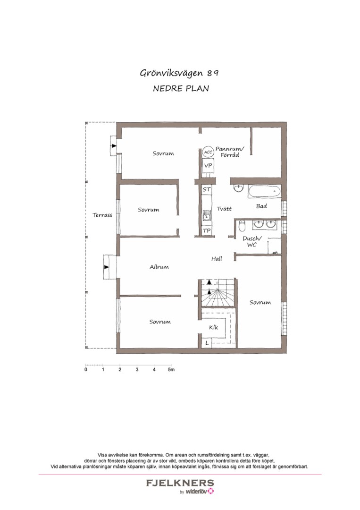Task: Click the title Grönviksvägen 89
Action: point(179,73)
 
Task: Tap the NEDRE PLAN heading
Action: point(181,88)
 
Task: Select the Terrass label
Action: point(102,215)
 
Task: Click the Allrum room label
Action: point(159,267)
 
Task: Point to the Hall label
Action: point(217,259)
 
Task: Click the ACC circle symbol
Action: point(208,153)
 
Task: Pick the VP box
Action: point(208,166)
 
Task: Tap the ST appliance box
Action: point(206,189)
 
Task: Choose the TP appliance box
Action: point(206,230)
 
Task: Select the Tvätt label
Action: point(225,208)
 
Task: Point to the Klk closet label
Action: point(214,327)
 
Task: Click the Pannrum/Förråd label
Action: point(230,152)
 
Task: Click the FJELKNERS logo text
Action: point(180,483)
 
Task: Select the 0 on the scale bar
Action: point(86,370)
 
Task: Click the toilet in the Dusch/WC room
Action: point(241,224)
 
